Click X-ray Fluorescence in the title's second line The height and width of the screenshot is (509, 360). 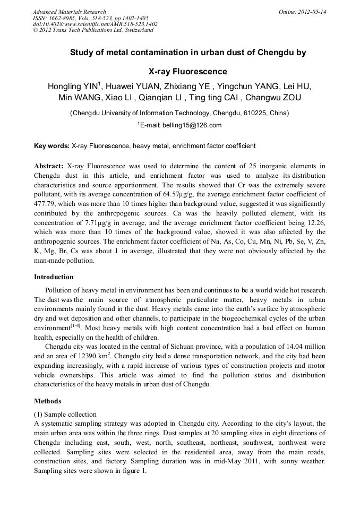coord(187,71)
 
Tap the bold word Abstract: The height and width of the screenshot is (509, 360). coord(49,166)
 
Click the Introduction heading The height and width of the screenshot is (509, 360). coord(54,277)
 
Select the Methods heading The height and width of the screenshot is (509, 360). coord(47,401)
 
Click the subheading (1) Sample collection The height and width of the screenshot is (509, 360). coord(65,414)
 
